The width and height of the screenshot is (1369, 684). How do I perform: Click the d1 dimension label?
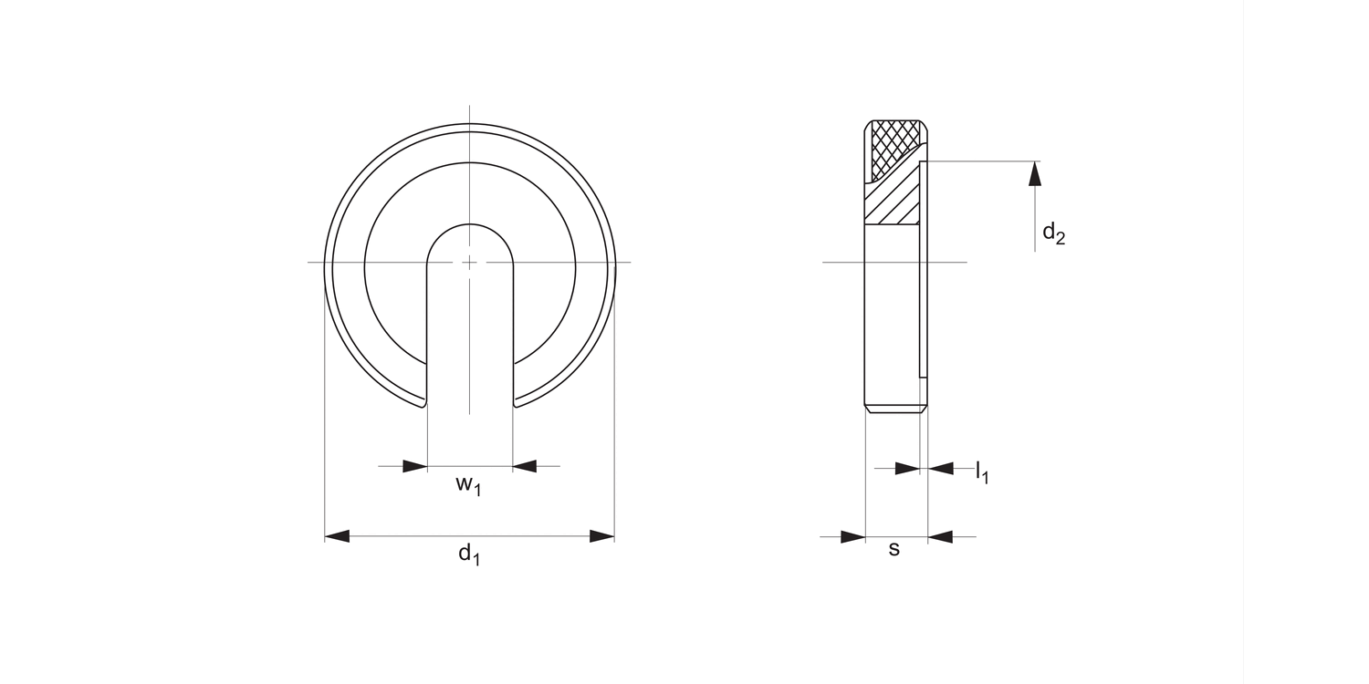point(469,554)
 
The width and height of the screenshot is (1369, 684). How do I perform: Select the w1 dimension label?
point(468,485)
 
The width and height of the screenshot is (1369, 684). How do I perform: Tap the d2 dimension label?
point(1053,233)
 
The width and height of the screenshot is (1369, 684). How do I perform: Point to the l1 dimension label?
point(982,472)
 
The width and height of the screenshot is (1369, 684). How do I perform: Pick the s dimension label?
point(894,549)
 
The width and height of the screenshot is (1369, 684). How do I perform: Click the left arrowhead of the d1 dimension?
point(337,536)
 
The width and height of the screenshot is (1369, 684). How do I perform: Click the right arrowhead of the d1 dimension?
point(602,536)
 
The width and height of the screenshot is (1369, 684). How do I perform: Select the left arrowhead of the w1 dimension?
point(415,466)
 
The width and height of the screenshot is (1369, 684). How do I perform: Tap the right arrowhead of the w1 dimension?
point(525,466)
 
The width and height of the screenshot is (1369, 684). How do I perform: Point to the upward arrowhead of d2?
point(1035,173)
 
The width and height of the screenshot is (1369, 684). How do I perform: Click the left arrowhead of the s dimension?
point(852,536)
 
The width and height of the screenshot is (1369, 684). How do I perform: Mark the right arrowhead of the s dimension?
point(940,536)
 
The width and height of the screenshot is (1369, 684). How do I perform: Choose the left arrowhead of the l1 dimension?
point(907,469)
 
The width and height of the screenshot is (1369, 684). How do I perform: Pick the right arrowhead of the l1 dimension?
point(941,469)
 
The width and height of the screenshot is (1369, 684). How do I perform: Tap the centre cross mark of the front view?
point(469,263)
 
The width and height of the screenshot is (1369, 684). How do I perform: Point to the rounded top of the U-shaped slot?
point(470,224)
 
